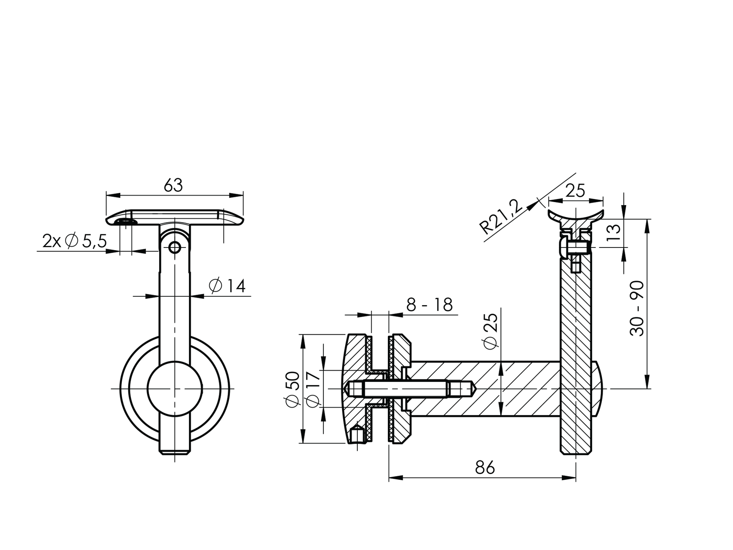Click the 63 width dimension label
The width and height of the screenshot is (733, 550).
pyautogui.click(x=173, y=186)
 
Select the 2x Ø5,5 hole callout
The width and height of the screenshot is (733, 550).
pyautogui.click(x=74, y=241)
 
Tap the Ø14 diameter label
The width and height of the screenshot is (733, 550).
pyautogui.click(x=227, y=286)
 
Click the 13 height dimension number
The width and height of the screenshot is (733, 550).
pyautogui.click(x=613, y=232)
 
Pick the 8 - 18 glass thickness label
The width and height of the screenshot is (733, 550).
pyautogui.click(x=429, y=305)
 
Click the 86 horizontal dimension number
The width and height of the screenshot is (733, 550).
pyautogui.click(x=485, y=467)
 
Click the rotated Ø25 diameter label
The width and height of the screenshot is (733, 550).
pyautogui.click(x=491, y=331)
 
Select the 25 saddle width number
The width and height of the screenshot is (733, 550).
pyautogui.click(x=575, y=191)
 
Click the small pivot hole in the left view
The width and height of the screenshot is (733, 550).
pyautogui.click(x=175, y=247)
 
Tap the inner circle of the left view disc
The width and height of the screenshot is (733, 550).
pyautogui.click(x=175, y=388)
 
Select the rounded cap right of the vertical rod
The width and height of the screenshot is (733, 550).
pyautogui.click(x=598, y=388)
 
